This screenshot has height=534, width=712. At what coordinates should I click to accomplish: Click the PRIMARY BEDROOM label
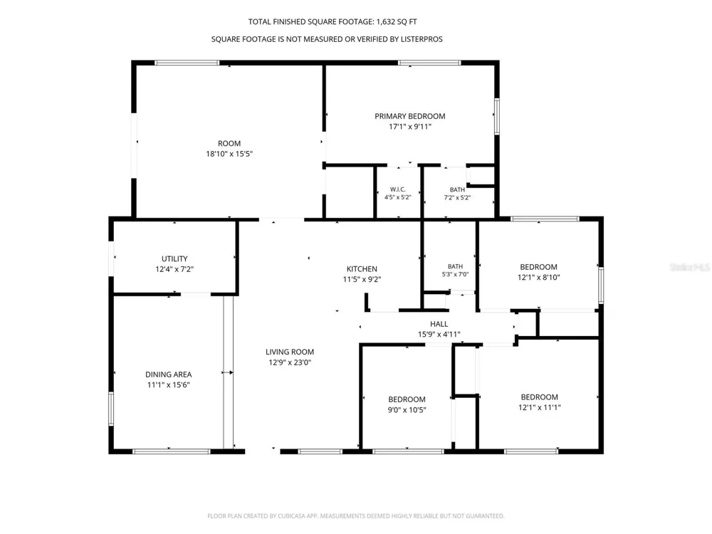pyautogui.click(x=409, y=116)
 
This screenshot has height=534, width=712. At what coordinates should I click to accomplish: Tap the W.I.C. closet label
pyautogui.click(x=398, y=189)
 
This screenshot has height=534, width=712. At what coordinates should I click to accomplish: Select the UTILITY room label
pyautogui.click(x=174, y=259)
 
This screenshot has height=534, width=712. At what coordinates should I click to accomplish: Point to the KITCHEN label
pyautogui.click(x=362, y=269)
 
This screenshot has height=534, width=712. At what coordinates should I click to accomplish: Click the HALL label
pyautogui.click(x=439, y=324)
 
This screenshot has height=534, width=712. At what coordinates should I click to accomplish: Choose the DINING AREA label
pyautogui.click(x=169, y=375)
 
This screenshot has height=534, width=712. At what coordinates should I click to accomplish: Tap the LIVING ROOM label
pyautogui.click(x=290, y=352)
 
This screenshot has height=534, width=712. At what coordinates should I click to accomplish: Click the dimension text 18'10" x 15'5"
pyautogui.click(x=229, y=154)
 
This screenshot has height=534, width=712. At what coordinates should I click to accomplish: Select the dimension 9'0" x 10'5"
pyautogui.click(x=407, y=410)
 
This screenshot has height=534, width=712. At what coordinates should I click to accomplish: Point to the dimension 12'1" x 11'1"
pyautogui.click(x=540, y=407)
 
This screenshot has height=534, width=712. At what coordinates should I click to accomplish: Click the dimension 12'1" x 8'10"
pyautogui.click(x=538, y=278)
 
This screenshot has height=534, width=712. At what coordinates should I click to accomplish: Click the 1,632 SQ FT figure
pyautogui.click(x=397, y=22)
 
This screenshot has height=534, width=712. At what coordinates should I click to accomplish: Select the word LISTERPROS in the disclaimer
pyautogui.click(x=422, y=39)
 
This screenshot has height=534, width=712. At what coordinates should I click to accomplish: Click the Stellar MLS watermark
pyautogui.click(x=690, y=267)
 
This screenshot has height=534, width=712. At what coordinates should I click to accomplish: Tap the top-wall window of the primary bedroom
pyautogui.click(x=429, y=63)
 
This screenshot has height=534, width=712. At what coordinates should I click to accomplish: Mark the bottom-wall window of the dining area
pyautogui.click(x=171, y=451)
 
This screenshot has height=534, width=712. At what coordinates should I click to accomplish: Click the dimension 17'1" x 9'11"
pyautogui.click(x=409, y=127)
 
